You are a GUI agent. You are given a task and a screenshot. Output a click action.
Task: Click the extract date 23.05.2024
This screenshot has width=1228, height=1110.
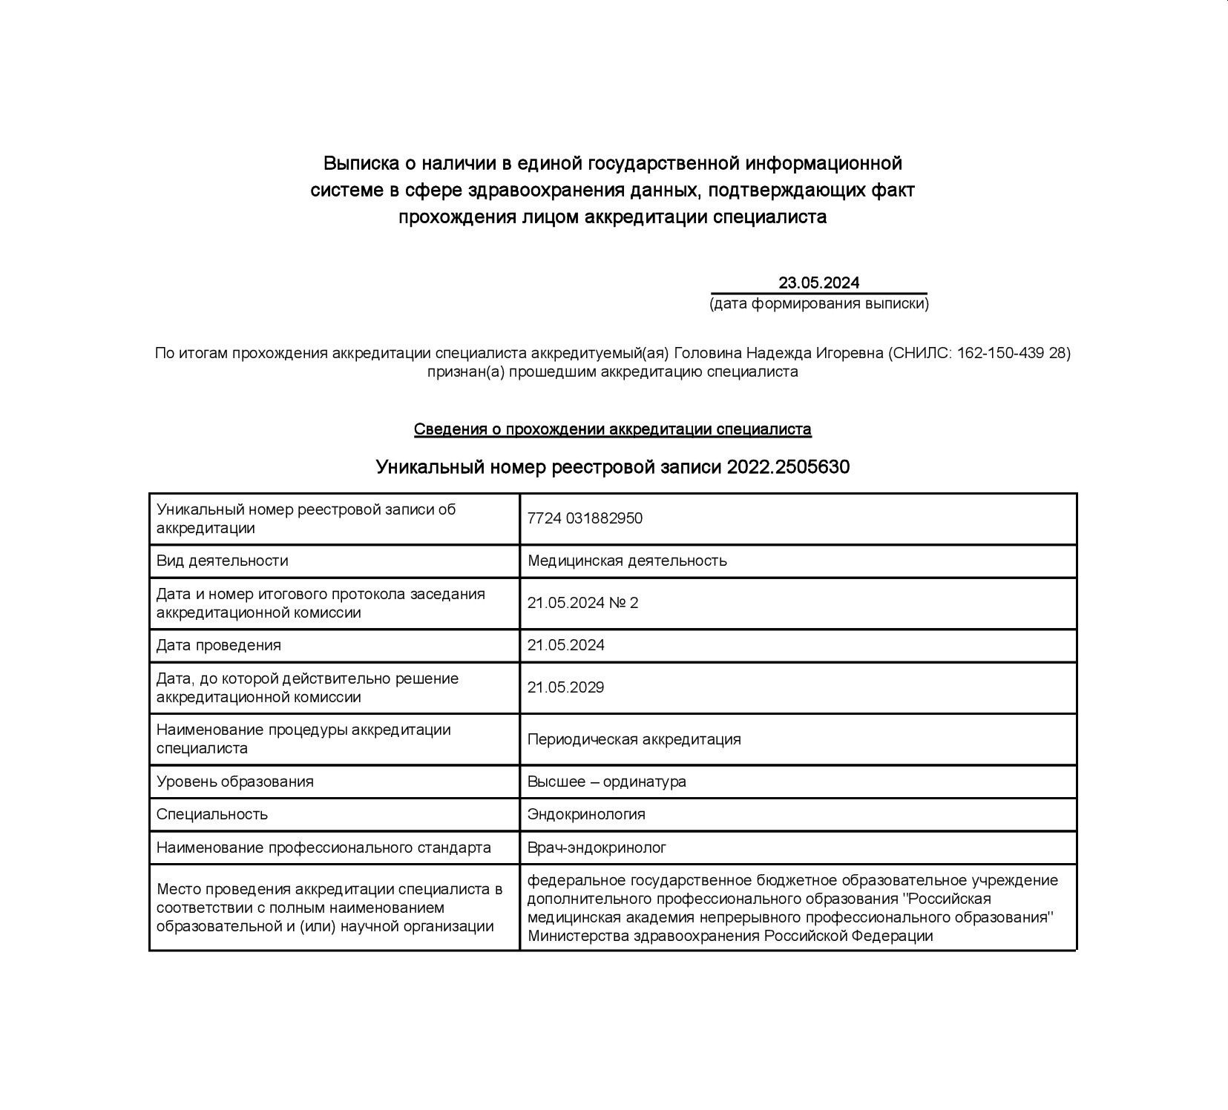tap(818, 283)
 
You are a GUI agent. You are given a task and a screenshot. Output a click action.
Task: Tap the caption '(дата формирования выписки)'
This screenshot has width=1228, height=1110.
tap(818, 303)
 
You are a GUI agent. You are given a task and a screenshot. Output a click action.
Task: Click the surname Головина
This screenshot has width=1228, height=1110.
tap(707, 353)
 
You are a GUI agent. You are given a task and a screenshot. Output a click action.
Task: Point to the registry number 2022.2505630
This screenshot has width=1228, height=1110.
tap(788, 467)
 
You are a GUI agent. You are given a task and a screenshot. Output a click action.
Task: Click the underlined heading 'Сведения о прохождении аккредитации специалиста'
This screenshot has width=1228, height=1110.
tap(612, 429)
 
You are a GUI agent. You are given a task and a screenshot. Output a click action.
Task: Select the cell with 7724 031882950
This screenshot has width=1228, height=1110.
tap(585, 518)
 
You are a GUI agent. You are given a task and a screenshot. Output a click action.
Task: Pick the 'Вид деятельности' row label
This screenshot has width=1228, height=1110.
tap(222, 561)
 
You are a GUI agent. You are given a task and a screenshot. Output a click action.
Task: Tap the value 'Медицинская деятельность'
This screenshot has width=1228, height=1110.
tap(627, 561)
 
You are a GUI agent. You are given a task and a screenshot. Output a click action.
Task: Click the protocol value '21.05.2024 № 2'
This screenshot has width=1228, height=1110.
tap(582, 603)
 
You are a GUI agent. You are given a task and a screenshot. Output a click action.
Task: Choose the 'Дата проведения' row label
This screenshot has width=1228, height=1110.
tap(218, 645)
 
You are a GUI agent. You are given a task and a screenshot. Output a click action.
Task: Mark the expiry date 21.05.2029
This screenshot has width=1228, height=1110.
tap(565, 687)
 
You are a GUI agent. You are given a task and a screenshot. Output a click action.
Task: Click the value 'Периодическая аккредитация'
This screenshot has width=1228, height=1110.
tap(634, 739)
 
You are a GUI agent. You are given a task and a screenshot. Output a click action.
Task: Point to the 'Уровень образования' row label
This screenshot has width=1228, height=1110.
tap(234, 782)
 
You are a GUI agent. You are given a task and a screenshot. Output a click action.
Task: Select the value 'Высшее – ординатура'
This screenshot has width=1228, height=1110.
tap(606, 782)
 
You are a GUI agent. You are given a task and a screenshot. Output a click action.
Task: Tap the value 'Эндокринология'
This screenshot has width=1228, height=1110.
tap(586, 814)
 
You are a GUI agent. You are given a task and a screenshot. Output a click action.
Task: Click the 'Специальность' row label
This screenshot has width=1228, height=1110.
tap(211, 814)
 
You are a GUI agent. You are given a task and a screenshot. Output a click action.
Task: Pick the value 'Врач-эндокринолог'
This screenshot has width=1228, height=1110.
tap(597, 847)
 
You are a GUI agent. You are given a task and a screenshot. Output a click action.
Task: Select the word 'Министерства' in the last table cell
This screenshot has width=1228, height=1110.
tap(577, 936)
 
